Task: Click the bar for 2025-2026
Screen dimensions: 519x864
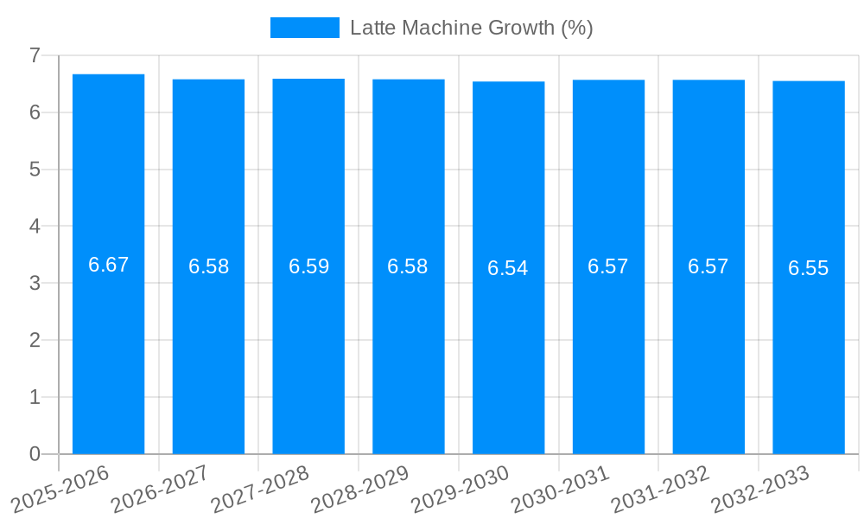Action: coord(108,346)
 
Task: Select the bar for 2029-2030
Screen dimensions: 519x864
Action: coord(508,346)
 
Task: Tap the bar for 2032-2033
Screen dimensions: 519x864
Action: coord(809,346)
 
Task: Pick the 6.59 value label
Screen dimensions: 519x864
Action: coord(308,266)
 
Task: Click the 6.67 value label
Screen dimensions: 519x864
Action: coord(108,265)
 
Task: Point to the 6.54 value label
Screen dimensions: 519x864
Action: coord(508,268)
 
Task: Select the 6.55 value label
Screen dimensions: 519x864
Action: coord(809,268)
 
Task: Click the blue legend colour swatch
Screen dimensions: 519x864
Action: coord(304,28)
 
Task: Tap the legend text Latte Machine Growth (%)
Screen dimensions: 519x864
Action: coord(471,28)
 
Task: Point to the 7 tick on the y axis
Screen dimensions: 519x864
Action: coord(35,55)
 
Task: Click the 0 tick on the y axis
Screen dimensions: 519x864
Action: coord(35,454)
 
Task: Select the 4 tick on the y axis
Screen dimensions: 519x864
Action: coord(35,227)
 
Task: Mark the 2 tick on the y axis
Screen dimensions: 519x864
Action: coord(35,340)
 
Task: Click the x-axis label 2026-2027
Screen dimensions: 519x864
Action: coord(161,488)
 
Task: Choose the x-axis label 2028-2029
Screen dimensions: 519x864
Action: coord(360,488)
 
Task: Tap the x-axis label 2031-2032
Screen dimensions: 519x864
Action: coord(660,488)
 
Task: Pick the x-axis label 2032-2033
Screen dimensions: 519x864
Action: coord(760,488)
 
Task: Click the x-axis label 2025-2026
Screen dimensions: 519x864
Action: coord(60,488)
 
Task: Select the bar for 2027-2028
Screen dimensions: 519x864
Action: coord(308,346)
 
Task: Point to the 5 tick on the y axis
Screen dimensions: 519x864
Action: coord(35,170)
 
